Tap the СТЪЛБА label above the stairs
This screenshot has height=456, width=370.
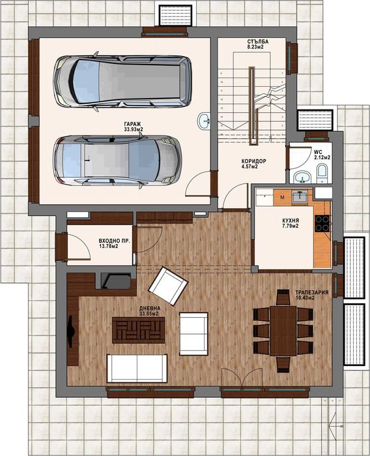point(253,44)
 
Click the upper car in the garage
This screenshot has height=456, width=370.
point(122,81)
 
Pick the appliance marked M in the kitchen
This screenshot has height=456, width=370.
point(282,195)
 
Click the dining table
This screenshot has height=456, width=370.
point(283,329)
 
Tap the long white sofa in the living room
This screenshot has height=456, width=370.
point(137,368)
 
